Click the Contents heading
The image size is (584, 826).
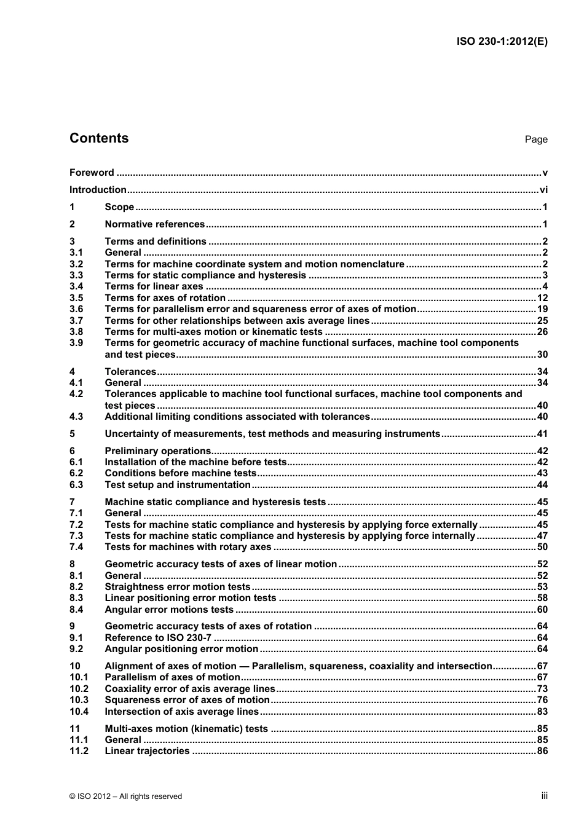99,138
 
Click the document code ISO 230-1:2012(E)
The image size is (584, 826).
502,42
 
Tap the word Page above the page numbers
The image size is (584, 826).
536,140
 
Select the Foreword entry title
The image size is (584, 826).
92,173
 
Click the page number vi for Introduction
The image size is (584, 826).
543,190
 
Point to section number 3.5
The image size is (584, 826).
76,298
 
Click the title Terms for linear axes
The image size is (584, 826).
154,286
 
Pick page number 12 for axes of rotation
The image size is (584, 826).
542,298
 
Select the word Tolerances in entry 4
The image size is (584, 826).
130,372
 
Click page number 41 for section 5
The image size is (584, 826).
542,434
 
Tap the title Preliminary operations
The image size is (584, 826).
158,451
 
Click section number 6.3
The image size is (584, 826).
76,485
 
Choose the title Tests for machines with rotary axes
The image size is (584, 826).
188,547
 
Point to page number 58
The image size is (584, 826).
542,598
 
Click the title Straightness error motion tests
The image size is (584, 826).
178,587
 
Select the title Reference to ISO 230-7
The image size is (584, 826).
158,638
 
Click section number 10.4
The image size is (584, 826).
79,712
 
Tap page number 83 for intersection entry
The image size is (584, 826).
542,712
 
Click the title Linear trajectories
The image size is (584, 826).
147,751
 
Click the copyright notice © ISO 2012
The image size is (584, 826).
126,796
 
